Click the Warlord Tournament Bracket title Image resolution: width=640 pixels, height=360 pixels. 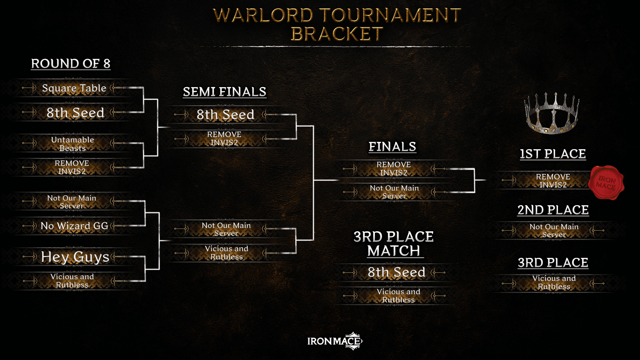(x=337, y=24)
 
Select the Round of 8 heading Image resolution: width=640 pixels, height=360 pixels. (x=71, y=64)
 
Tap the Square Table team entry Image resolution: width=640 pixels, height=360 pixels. (x=74, y=88)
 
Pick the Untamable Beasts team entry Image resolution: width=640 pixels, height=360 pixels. (x=72, y=144)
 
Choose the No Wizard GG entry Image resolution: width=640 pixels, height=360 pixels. (x=74, y=226)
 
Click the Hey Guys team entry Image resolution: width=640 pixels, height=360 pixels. (x=75, y=257)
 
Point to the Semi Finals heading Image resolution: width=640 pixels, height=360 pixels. (x=224, y=92)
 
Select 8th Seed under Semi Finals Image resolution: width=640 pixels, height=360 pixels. (x=225, y=114)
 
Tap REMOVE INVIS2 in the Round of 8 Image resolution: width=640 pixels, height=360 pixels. (x=72, y=167)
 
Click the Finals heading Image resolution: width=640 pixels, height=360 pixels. (x=392, y=146)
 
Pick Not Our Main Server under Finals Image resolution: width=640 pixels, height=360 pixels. (x=394, y=192)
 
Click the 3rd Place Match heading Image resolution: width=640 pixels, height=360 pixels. (x=394, y=244)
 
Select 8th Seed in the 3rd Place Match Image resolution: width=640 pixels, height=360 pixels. (x=396, y=272)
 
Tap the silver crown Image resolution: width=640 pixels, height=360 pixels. (x=552, y=113)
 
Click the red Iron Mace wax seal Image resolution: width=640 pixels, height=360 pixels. (x=606, y=182)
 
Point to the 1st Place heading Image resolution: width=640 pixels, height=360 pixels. (x=553, y=154)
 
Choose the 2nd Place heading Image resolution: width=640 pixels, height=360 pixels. (x=553, y=210)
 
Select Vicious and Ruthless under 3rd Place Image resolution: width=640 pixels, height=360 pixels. (x=554, y=282)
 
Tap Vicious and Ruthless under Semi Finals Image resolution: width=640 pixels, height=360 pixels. (x=226, y=252)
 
